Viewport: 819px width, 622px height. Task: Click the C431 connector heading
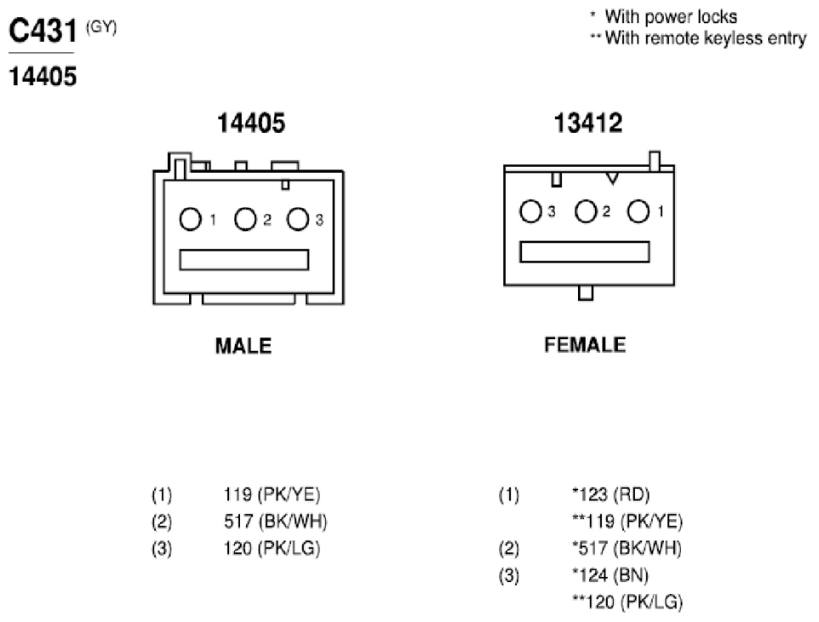click(43, 31)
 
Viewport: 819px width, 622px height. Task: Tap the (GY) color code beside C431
click(101, 26)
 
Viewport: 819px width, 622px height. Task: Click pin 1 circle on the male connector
click(190, 220)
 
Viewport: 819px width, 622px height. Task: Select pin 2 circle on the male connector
click(245, 220)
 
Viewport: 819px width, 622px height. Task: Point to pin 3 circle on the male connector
click(298, 220)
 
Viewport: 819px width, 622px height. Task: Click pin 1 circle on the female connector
click(639, 211)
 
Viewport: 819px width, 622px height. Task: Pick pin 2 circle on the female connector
click(586, 211)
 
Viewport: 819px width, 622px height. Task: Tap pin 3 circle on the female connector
click(530, 211)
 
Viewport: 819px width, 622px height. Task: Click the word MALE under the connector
click(243, 346)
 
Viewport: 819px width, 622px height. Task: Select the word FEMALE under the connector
click(585, 345)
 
